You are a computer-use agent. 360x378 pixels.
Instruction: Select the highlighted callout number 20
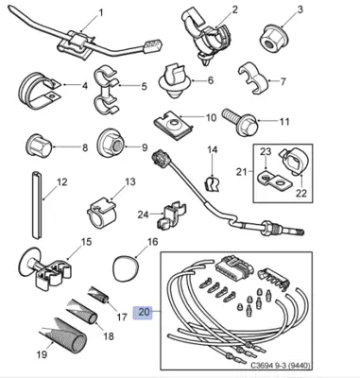pyautogui.click(x=144, y=310)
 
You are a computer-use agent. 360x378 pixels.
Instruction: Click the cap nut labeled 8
pyautogui.click(x=36, y=148)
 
